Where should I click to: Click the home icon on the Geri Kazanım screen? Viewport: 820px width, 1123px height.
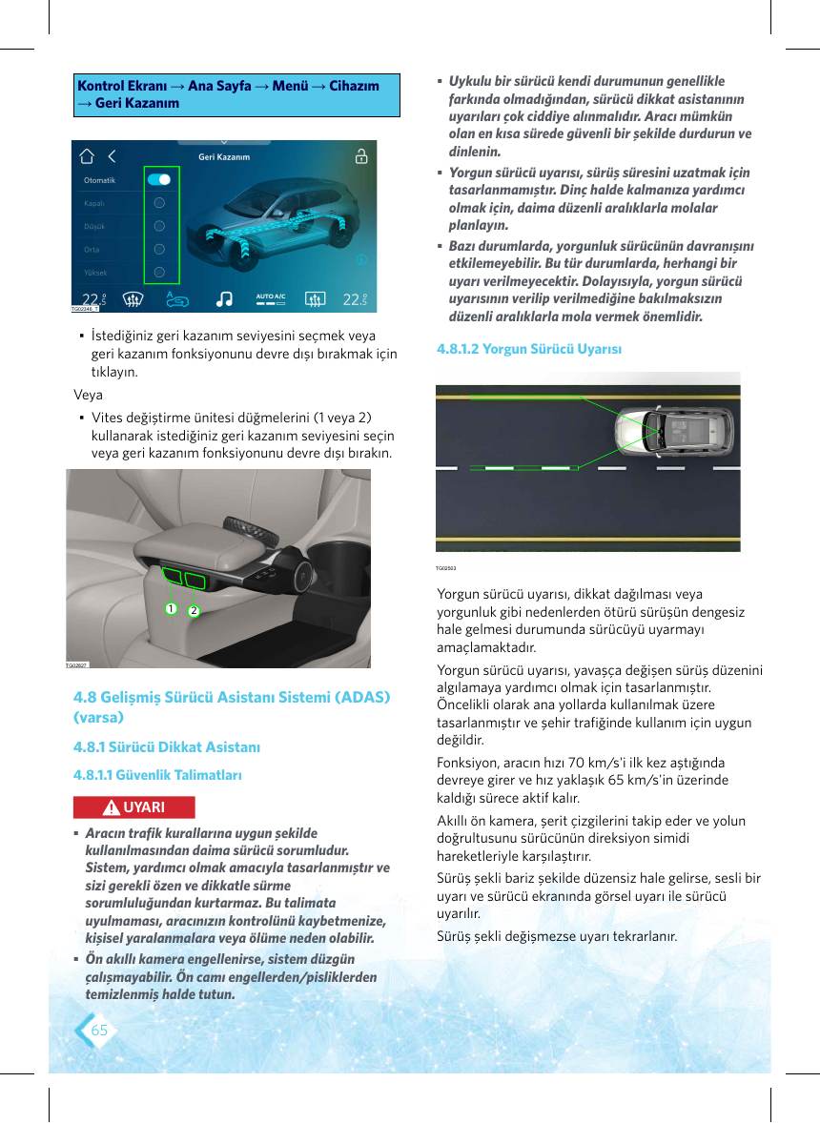pyautogui.click(x=87, y=156)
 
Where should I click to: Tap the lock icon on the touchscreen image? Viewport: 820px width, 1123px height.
pyautogui.click(x=361, y=155)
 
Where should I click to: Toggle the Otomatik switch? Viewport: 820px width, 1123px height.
pyautogui.click(x=159, y=180)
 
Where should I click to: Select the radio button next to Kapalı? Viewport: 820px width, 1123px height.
pyautogui.click(x=159, y=203)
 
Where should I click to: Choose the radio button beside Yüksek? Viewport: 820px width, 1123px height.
pyautogui.click(x=159, y=272)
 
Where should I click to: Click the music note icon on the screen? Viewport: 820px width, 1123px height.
pyautogui.click(x=224, y=298)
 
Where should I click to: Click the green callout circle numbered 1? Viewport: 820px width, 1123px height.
pyautogui.click(x=171, y=609)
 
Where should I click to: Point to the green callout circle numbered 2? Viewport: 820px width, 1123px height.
pyautogui.click(x=194, y=611)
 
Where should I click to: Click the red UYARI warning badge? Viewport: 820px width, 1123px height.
pyautogui.click(x=133, y=807)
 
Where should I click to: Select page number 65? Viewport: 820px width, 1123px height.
pyautogui.click(x=99, y=1030)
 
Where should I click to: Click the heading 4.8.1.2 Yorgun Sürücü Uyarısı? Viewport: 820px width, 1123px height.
pyautogui.click(x=529, y=349)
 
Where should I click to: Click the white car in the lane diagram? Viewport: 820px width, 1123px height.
pyautogui.click(x=674, y=431)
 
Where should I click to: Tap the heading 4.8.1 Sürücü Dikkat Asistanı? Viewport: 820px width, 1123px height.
pyautogui.click(x=167, y=747)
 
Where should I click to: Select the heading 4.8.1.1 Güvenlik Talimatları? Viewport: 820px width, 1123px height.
pyautogui.click(x=157, y=775)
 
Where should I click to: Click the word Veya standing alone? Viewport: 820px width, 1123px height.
pyautogui.click(x=88, y=395)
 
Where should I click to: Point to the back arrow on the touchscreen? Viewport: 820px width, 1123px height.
pyautogui.click(x=112, y=156)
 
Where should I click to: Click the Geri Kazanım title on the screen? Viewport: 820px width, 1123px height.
pyautogui.click(x=224, y=157)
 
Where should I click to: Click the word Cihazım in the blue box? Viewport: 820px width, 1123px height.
pyautogui.click(x=355, y=86)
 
